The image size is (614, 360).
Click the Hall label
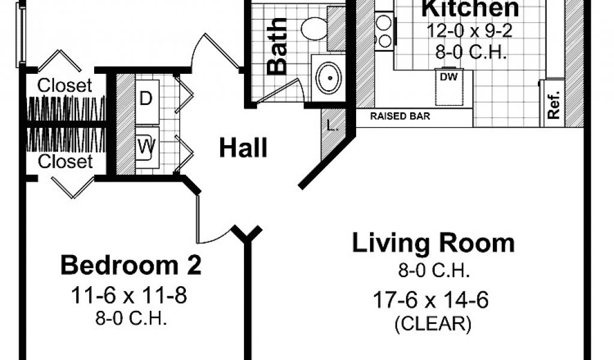(243, 148)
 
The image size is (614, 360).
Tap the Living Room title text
(433, 243)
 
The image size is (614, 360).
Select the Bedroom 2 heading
(131, 265)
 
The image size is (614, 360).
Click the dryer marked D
(147, 98)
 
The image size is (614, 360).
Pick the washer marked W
(147, 147)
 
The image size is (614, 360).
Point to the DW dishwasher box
(449, 87)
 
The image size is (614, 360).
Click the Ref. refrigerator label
(553, 105)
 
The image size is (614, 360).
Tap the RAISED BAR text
(400, 116)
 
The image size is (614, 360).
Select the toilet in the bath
(314, 29)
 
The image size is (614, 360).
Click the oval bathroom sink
(328, 77)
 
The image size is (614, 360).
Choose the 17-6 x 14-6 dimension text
(431, 301)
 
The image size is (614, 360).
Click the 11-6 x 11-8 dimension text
(129, 295)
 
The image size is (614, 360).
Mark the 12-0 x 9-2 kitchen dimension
(469, 31)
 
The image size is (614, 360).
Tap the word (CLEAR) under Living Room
(433, 324)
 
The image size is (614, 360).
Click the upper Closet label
(65, 85)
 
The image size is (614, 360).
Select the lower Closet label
(65, 161)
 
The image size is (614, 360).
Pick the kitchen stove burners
(384, 30)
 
